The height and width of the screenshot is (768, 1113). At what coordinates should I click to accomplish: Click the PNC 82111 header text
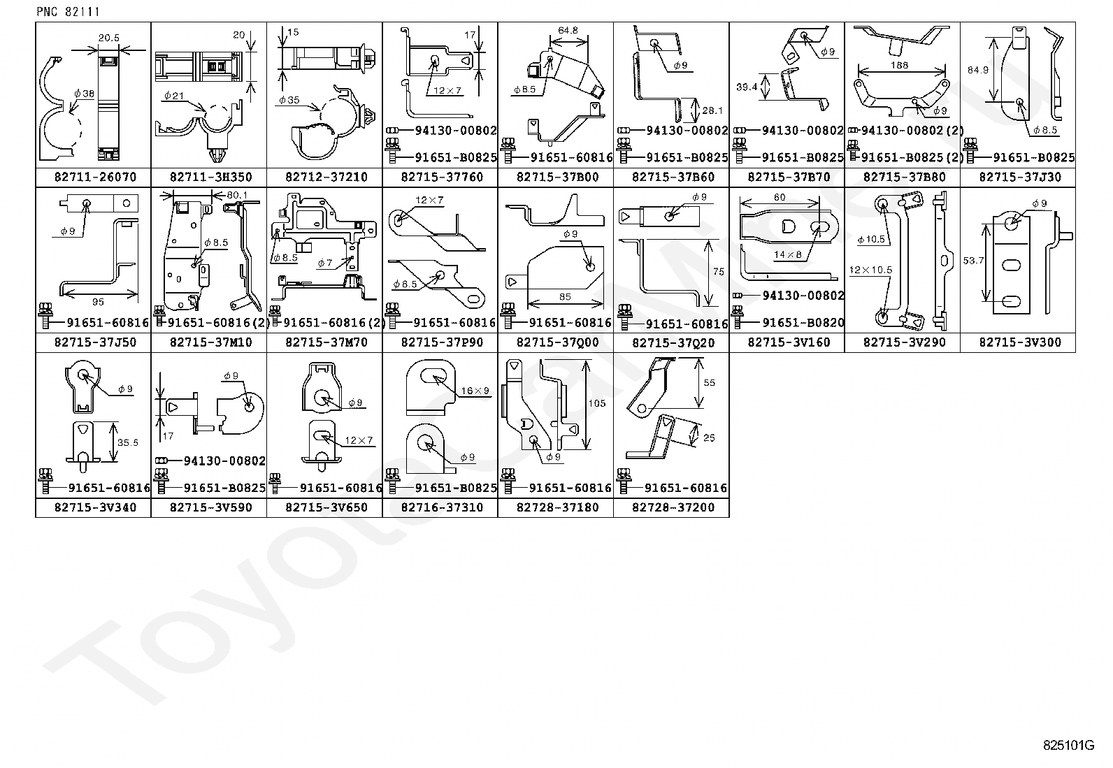68,12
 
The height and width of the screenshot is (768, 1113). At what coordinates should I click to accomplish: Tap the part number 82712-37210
326,177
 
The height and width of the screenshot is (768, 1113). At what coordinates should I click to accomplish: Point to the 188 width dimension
901,65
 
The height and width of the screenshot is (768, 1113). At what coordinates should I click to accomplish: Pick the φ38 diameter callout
82,93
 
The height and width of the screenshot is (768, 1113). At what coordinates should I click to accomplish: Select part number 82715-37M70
326,342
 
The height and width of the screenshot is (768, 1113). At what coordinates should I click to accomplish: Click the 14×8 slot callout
787,255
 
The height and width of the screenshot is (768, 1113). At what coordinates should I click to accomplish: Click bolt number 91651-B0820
803,323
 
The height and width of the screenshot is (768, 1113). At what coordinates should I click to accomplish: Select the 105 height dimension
597,403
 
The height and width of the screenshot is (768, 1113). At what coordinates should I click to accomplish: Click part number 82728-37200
673,507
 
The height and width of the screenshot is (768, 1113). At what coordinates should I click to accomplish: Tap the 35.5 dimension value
127,442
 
